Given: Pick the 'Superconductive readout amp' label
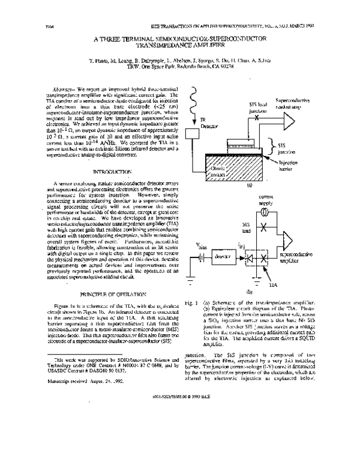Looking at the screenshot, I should point(292,103).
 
